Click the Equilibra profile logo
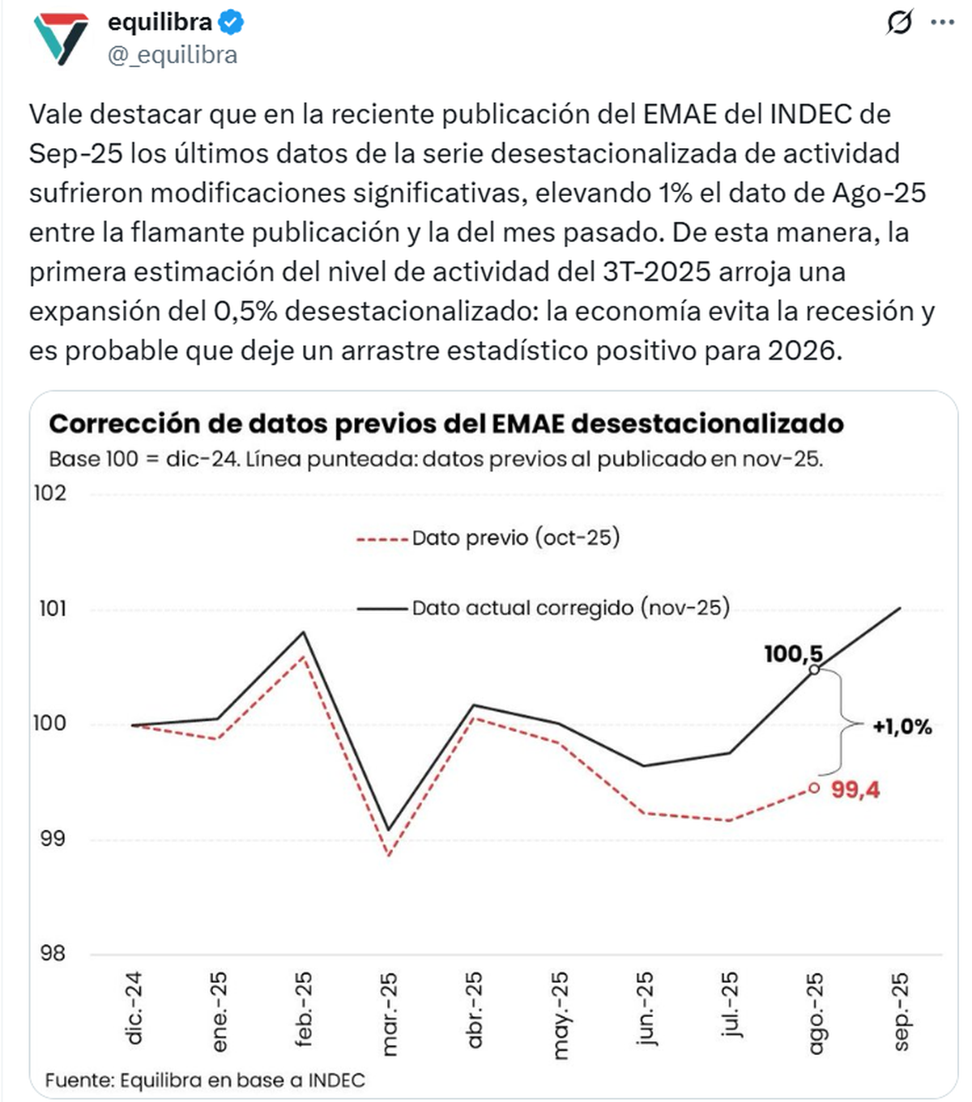61,39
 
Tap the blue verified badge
232,23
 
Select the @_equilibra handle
173,55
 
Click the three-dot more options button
943,23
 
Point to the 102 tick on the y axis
49,493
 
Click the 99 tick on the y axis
53,839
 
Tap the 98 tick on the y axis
53,953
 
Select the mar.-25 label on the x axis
390,1014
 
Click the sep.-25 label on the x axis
901,1012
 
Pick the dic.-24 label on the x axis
134,1009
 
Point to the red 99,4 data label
855,789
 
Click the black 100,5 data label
792,653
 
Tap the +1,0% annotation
902,726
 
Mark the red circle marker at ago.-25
814,788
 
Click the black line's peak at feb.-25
304,632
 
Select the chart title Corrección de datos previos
446,423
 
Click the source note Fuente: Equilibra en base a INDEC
205,1080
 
